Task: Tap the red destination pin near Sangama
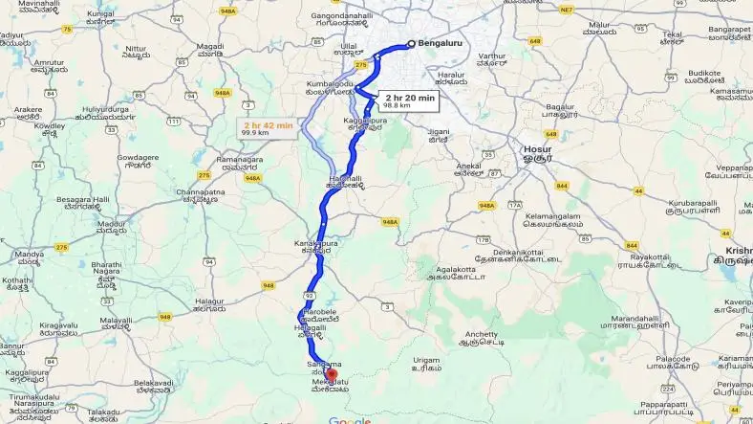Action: pos(319,374)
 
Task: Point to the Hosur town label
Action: pos(537,149)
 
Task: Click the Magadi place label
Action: pos(209,47)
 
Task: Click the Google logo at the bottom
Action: pos(350,419)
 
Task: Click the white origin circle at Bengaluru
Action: pos(411,43)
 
